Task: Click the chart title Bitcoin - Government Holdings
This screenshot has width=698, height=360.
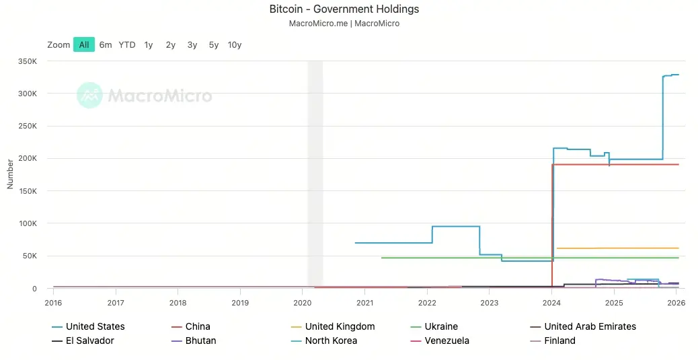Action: click(x=344, y=9)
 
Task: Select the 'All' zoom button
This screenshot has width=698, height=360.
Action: click(x=84, y=44)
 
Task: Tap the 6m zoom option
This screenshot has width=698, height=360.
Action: click(x=106, y=44)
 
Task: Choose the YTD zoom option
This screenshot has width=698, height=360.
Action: click(x=127, y=44)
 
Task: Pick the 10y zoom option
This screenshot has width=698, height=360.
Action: click(x=235, y=44)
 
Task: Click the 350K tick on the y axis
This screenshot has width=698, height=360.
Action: click(x=28, y=61)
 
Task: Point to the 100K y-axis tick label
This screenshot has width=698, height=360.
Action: click(x=28, y=223)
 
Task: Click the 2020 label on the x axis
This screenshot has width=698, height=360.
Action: click(x=303, y=303)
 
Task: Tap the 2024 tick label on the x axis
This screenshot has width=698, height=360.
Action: click(x=551, y=303)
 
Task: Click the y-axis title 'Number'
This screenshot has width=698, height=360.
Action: click(x=10, y=174)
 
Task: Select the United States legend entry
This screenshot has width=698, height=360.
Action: click(x=95, y=326)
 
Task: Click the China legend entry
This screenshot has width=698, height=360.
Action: click(x=198, y=326)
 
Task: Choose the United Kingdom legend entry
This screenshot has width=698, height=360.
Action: click(x=340, y=326)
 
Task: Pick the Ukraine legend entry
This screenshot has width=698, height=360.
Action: click(x=441, y=326)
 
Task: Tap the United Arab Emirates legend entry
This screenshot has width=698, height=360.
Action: click(x=590, y=326)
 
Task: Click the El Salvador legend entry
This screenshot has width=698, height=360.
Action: click(x=89, y=340)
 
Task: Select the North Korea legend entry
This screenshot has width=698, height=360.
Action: click(x=331, y=340)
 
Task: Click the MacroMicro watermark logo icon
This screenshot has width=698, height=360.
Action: click(x=89, y=96)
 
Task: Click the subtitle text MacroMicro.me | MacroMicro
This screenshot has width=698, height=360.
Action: click(x=344, y=24)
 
